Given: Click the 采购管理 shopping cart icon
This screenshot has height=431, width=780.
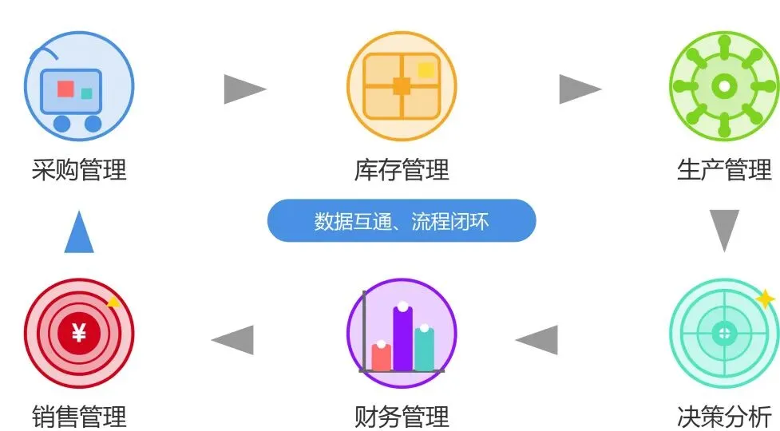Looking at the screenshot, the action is coord(78,86).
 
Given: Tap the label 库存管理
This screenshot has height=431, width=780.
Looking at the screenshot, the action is coord(402,170).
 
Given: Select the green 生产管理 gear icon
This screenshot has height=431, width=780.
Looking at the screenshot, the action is coord(724,86).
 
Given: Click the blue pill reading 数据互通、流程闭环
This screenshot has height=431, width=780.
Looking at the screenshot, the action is coord(402,221).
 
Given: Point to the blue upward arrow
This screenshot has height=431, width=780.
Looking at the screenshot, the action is coord(79,233).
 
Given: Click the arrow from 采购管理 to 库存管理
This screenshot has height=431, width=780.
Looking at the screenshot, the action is coord(244,89).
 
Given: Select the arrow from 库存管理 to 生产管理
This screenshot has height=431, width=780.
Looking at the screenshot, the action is coord(580,89).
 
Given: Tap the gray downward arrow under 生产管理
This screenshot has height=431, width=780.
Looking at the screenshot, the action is coord(724,230).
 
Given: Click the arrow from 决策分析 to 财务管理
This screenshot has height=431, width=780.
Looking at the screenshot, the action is coord(537,340).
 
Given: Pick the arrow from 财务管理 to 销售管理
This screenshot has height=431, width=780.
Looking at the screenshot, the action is coord(233,340).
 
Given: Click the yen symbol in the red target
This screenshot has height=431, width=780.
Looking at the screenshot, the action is coord(78,334).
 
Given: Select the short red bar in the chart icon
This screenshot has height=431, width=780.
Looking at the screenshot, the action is coord(382,357).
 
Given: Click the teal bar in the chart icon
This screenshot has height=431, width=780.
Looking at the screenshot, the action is coord(425,349).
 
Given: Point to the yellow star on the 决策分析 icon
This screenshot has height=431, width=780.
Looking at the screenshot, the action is coord(764,299).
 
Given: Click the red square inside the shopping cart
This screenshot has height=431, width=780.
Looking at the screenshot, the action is coord(65,89).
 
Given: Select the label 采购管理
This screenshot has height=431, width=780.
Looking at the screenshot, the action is coord(79,170).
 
